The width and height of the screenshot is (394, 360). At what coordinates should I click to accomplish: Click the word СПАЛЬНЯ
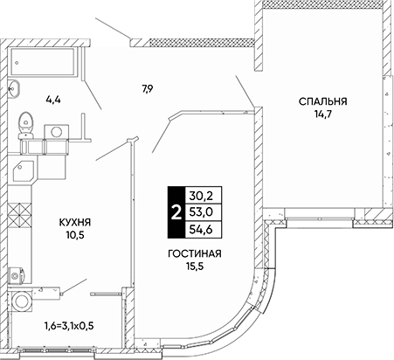pyautogui.click(x=323, y=101)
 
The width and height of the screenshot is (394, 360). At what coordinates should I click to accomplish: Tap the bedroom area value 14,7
pyautogui.click(x=323, y=114)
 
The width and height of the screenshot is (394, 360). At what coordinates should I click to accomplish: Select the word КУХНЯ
pyautogui.click(x=75, y=223)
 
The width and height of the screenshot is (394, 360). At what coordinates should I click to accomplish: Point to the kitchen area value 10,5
pyautogui.click(x=75, y=235)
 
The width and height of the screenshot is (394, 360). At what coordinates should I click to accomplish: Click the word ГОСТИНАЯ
pyautogui.click(x=195, y=253)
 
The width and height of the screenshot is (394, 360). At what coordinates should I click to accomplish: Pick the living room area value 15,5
pyautogui.click(x=195, y=267)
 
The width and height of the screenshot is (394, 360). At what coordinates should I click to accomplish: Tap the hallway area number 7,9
pyautogui.click(x=147, y=88)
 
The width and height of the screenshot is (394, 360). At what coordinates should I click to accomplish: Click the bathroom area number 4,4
pyautogui.click(x=53, y=100)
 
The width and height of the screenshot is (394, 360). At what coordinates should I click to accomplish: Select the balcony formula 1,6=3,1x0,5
pyautogui.click(x=69, y=326)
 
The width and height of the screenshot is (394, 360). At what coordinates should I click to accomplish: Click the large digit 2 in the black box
pyautogui.click(x=176, y=212)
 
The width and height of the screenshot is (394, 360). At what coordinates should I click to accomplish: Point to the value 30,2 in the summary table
pyautogui.click(x=201, y=196)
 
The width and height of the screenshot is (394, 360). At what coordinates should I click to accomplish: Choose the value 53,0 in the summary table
pyautogui.click(x=201, y=212)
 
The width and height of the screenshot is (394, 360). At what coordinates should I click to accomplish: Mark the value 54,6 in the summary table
pyautogui.click(x=201, y=230)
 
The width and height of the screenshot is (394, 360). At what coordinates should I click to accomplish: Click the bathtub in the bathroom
pyautogui.click(x=43, y=62)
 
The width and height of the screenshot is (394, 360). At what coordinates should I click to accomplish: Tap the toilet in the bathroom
pyautogui.click(x=25, y=125)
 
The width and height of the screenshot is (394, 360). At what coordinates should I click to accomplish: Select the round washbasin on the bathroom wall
pyautogui.click(x=13, y=88)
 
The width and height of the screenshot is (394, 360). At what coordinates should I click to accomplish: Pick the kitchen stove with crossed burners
pyautogui.click(x=19, y=214)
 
